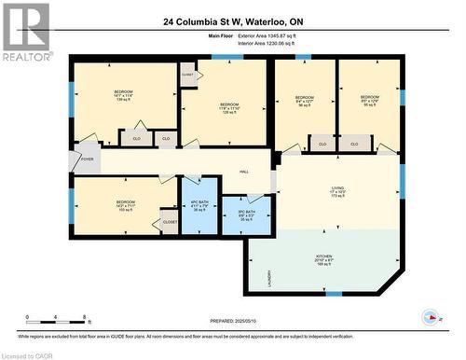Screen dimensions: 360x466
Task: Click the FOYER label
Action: (x=87, y=159)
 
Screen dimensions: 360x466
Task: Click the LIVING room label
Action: (x=336, y=196)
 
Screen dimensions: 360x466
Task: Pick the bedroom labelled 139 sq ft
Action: (x=123, y=96)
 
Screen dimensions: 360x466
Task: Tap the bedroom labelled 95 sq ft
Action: (x=369, y=100)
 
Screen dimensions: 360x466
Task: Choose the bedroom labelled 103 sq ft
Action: (x=125, y=206)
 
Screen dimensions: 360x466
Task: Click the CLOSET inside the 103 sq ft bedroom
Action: (x=170, y=222)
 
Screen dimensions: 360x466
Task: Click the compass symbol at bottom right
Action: (x=430, y=316)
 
